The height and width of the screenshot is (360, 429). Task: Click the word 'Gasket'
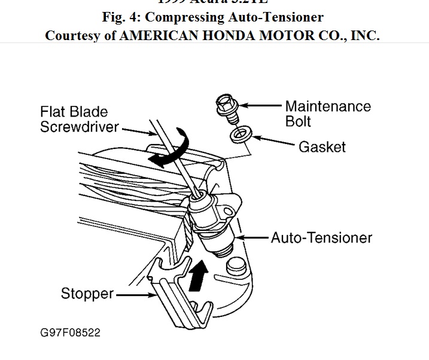coord(322,146)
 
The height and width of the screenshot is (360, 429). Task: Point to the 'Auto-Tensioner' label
coord(321,237)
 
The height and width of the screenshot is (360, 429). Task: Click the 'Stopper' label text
coord(87,294)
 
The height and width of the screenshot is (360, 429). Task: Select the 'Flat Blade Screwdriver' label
coord(78,119)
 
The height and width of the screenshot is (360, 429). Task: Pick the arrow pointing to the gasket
coord(272,141)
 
